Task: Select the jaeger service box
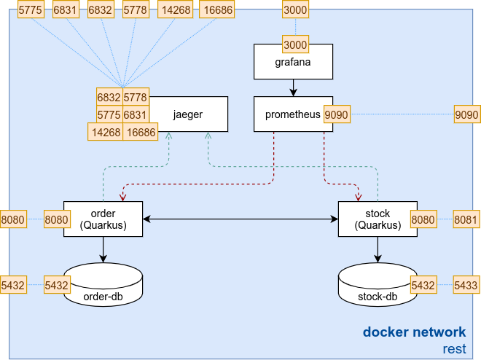click(188, 114)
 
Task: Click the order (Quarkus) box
click(103, 219)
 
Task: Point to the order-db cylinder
click(103, 286)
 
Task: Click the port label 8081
click(466, 219)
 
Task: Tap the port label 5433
click(466, 285)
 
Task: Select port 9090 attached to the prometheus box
click(337, 115)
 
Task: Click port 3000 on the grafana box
click(294, 44)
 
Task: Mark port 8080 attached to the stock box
click(423, 219)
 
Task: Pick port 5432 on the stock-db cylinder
click(423, 285)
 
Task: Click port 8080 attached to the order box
click(57, 219)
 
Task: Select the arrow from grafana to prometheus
click(293, 87)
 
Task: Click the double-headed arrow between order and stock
click(240, 219)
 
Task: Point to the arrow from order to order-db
click(103, 249)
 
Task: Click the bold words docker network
click(415, 332)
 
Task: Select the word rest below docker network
click(454, 348)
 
